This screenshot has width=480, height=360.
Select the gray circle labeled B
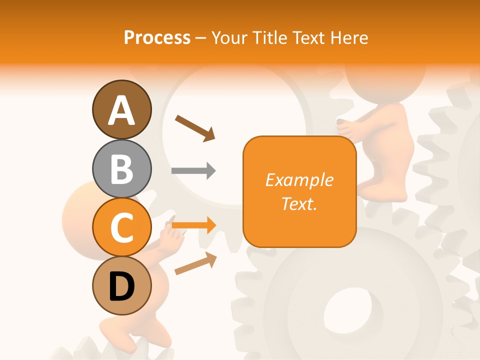[121, 168]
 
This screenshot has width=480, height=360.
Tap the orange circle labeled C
[121, 227]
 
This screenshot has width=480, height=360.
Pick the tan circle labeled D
[121, 286]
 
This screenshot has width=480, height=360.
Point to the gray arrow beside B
[193, 170]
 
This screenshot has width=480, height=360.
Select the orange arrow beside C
[194, 225]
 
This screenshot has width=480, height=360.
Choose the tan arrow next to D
[195, 263]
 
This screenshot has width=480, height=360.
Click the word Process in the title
[157, 37]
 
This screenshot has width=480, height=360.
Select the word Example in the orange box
[299, 180]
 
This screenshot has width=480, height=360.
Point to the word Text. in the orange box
[299, 203]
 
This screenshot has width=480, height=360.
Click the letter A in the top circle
[121, 110]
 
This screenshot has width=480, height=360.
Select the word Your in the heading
[227, 37]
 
